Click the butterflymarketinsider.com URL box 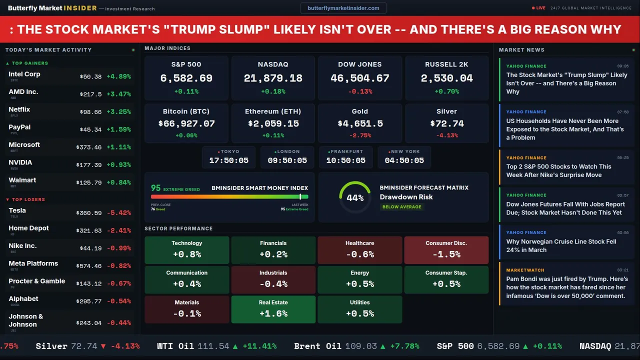pos(343,8)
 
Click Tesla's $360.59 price pos(90,213)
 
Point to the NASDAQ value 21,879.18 pos(273,78)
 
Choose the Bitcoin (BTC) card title pos(186,111)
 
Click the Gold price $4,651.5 pos(360,123)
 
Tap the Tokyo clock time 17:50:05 pos(228,160)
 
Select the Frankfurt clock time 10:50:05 pos(345,160)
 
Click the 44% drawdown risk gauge pos(355,197)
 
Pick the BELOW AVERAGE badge pos(401,206)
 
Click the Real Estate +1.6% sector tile pos(273,309)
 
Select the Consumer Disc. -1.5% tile pos(446,250)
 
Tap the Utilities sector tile pos(359,309)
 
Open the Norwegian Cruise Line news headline pos(561,245)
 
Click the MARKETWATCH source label pos(524,270)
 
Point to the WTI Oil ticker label pos(175,346)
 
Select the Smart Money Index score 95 pos(156,188)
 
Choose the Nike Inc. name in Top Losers pos(22,246)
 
